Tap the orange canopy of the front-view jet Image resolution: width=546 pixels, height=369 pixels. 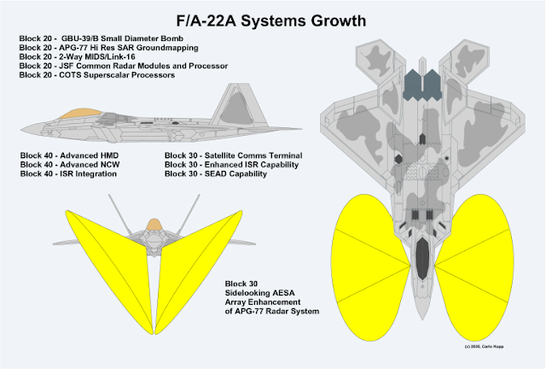pos(154,224)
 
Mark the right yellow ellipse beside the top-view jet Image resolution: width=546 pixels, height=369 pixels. pos(482,256)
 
